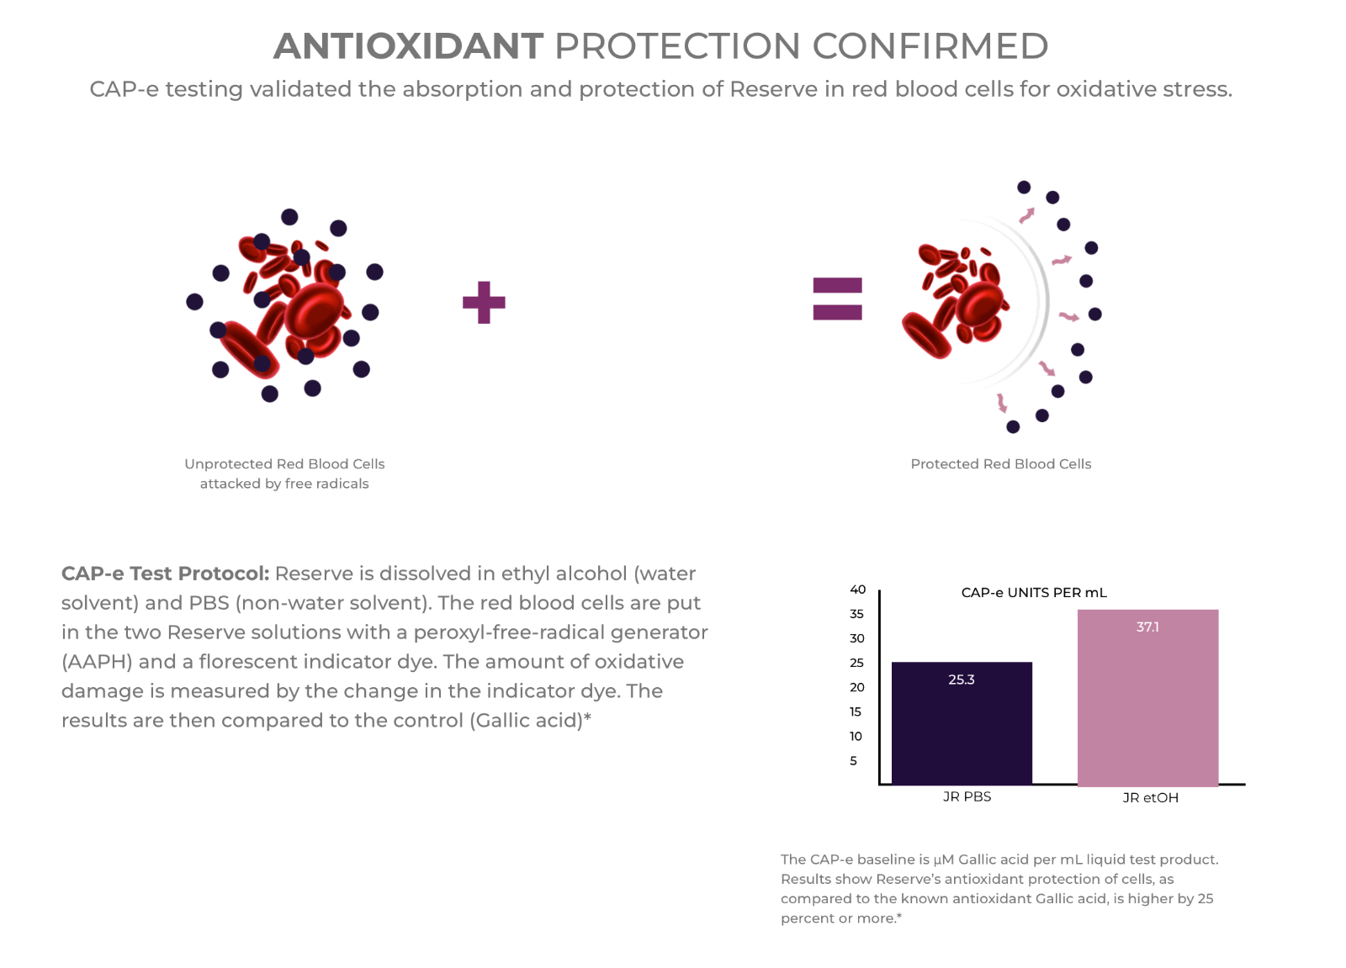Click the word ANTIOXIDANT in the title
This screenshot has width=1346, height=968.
tap(409, 46)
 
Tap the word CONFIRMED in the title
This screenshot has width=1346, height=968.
tap(930, 46)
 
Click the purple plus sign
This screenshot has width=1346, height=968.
tap(484, 302)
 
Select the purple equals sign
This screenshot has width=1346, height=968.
tap(837, 299)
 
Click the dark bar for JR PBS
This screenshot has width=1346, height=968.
tap(962, 722)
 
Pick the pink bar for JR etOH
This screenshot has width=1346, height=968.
tap(1147, 697)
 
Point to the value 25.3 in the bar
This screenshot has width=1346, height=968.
tap(962, 680)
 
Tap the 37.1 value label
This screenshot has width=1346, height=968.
tap(1147, 627)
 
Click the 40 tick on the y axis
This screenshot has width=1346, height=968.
tap(857, 590)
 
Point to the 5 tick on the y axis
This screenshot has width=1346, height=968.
tap(853, 761)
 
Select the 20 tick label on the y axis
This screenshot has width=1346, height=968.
tap(857, 687)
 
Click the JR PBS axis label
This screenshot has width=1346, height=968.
tap(967, 796)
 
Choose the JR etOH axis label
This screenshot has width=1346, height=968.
tap(1150, 798)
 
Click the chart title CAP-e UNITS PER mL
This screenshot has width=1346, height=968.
tap(1034, 592)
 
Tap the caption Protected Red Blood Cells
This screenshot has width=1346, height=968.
tap(1000, 464)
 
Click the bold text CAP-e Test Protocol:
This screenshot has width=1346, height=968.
tap(165, 574)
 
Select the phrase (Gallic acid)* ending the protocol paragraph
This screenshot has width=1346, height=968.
tap(530, 721)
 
